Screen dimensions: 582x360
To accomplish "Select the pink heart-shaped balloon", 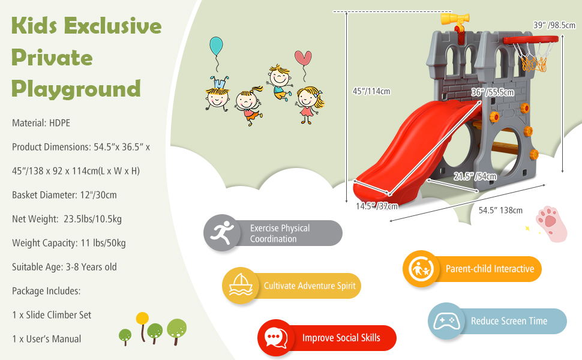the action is (303, 59).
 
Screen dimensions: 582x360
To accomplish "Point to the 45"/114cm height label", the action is (371, 91).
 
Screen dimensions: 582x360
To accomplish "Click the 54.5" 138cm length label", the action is (500, 210).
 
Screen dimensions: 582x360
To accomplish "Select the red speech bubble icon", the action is (275, 338).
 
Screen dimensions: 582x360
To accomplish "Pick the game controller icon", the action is (445, 320).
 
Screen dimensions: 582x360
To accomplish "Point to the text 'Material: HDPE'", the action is (41, 123).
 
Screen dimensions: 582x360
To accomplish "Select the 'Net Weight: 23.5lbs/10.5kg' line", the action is (67, 219).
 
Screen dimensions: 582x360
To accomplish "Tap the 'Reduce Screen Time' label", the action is (509, 321).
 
